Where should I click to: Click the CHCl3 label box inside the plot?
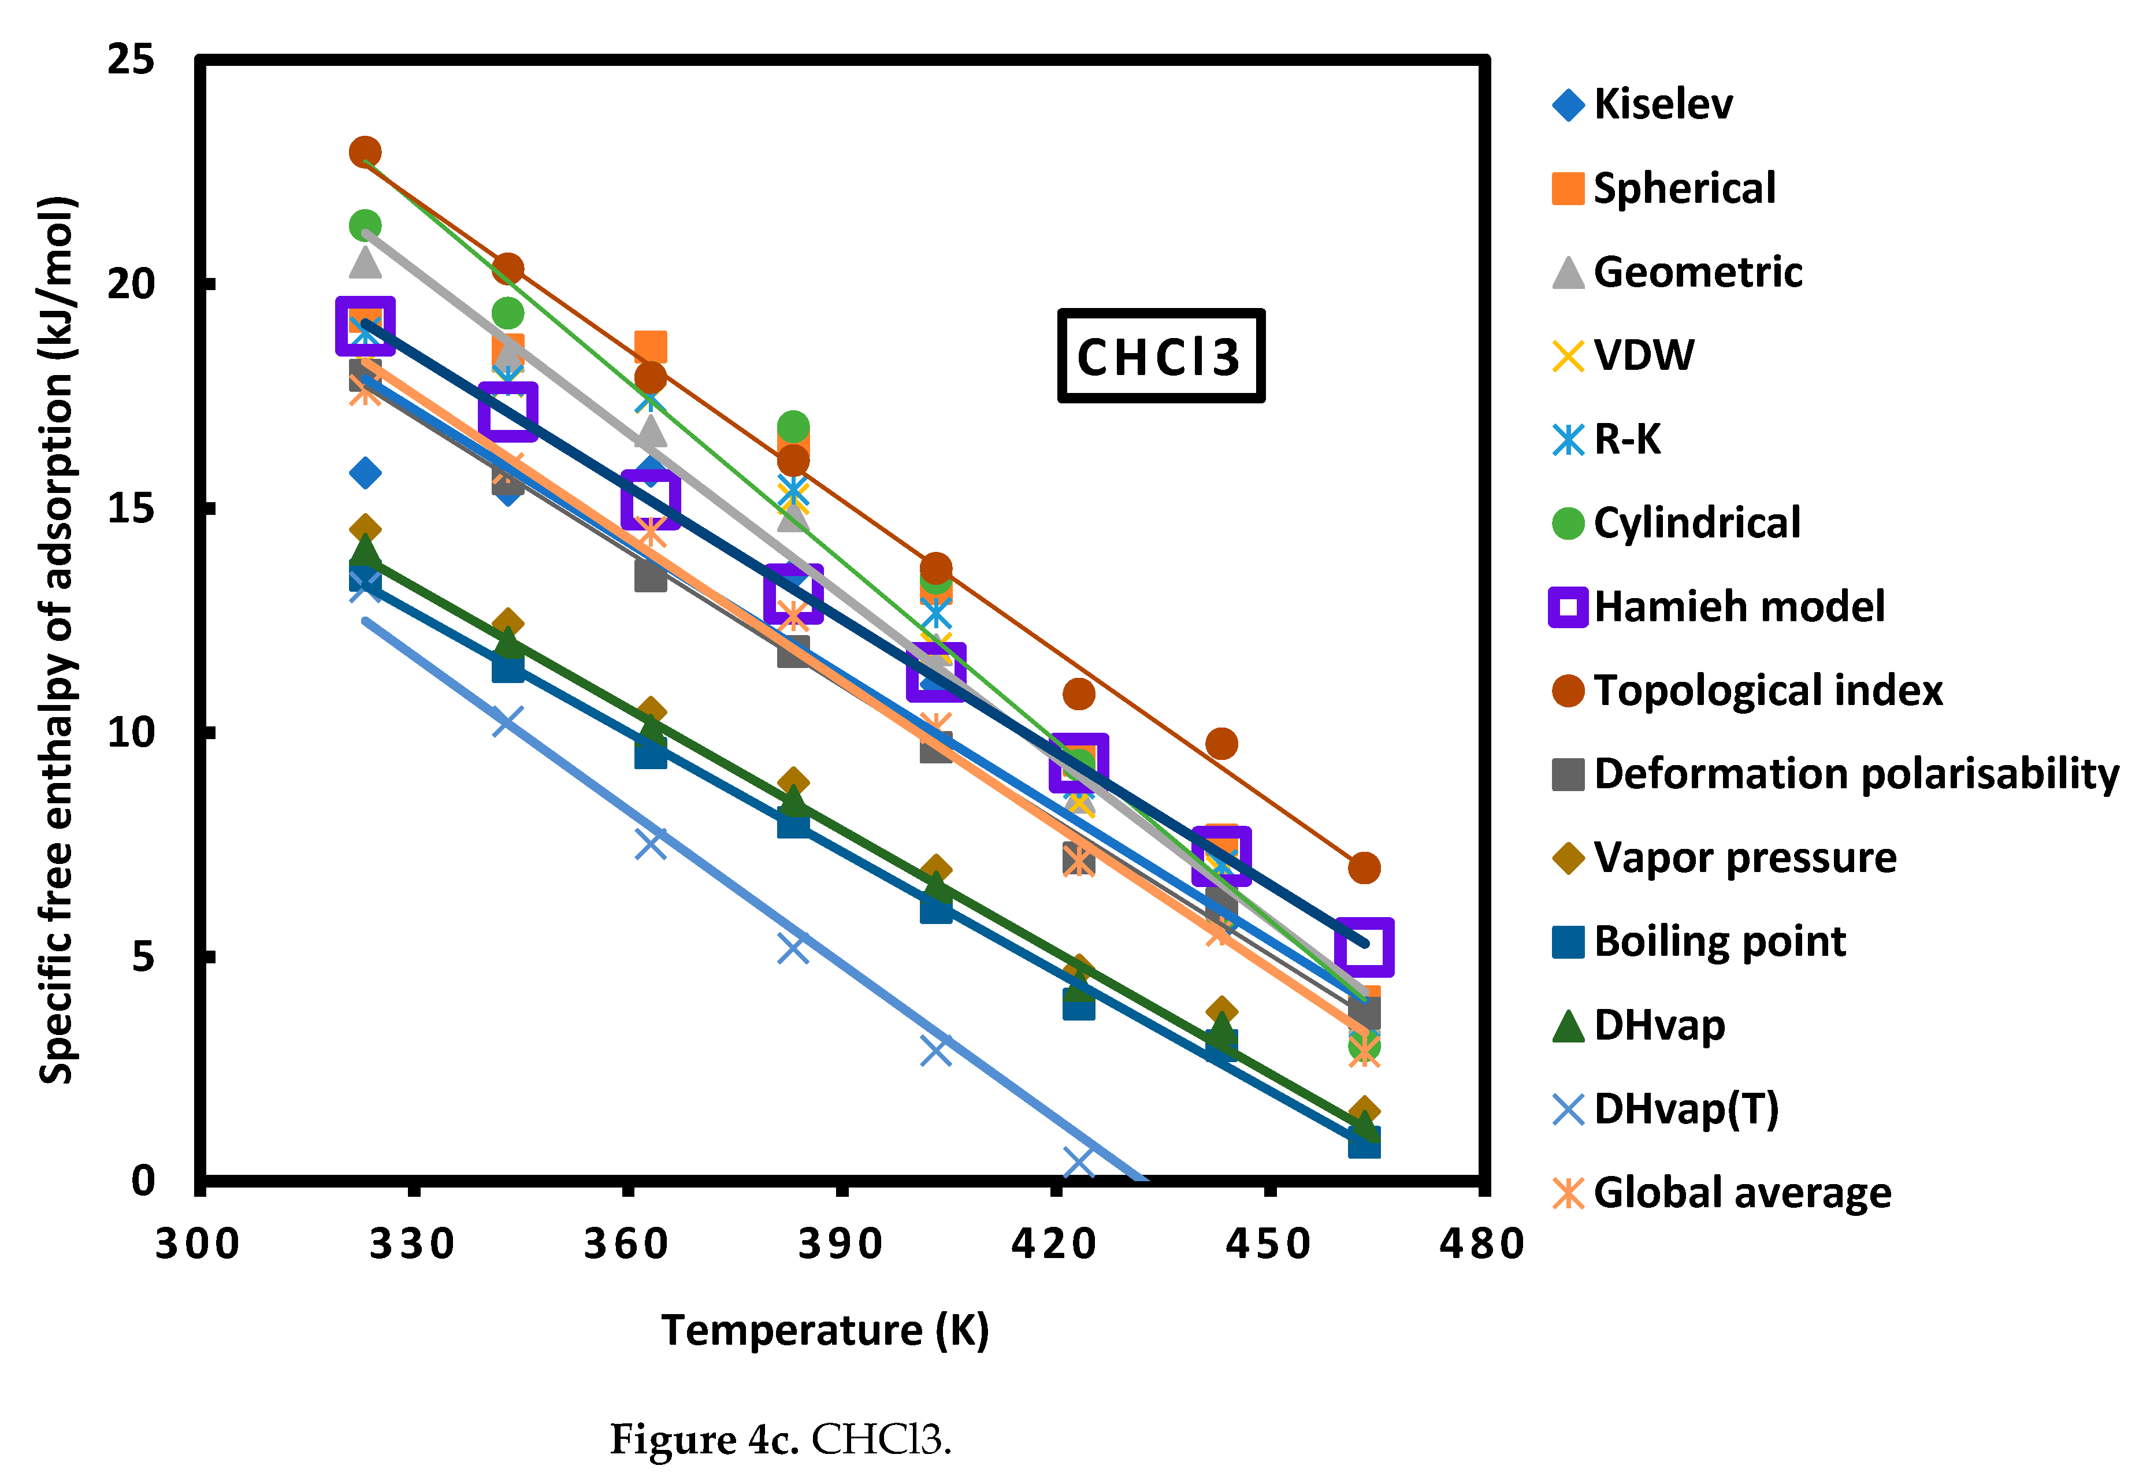pos(1160,356)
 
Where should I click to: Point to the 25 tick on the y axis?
pos(130,60)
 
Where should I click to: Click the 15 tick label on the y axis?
pos(130,509)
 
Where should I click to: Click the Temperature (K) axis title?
pos(825,1331)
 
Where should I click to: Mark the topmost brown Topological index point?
pos(365,151)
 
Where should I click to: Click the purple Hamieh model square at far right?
pos(1364,947)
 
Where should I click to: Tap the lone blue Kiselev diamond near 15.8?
pos(365,473)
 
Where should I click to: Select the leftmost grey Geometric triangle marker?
pos(365,263)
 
